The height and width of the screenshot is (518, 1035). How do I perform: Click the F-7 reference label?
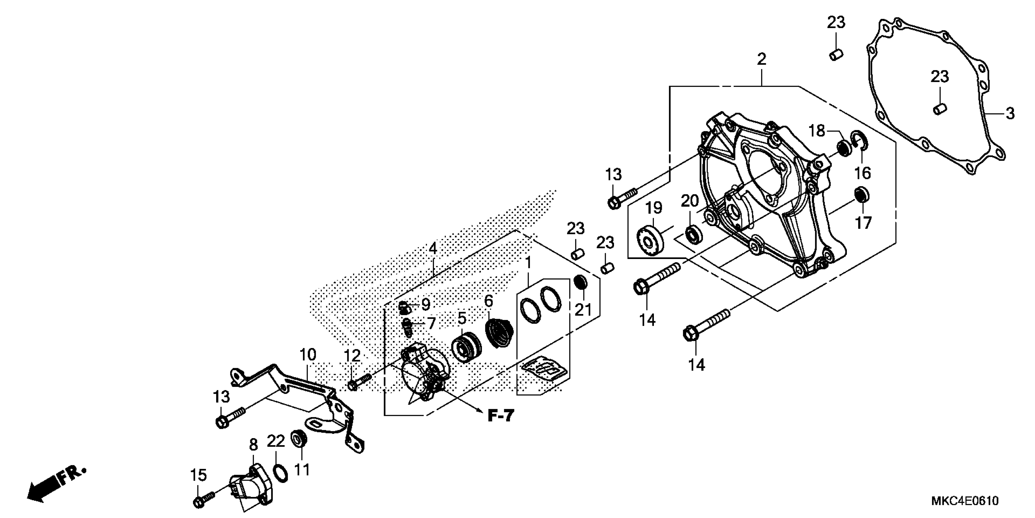click(x=501, y=416)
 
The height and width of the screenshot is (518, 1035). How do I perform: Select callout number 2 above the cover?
click(x=761, y=59)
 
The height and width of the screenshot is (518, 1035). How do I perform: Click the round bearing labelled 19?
click(x=649, y=240)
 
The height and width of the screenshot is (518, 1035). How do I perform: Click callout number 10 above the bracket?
click(x=308, y=355)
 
